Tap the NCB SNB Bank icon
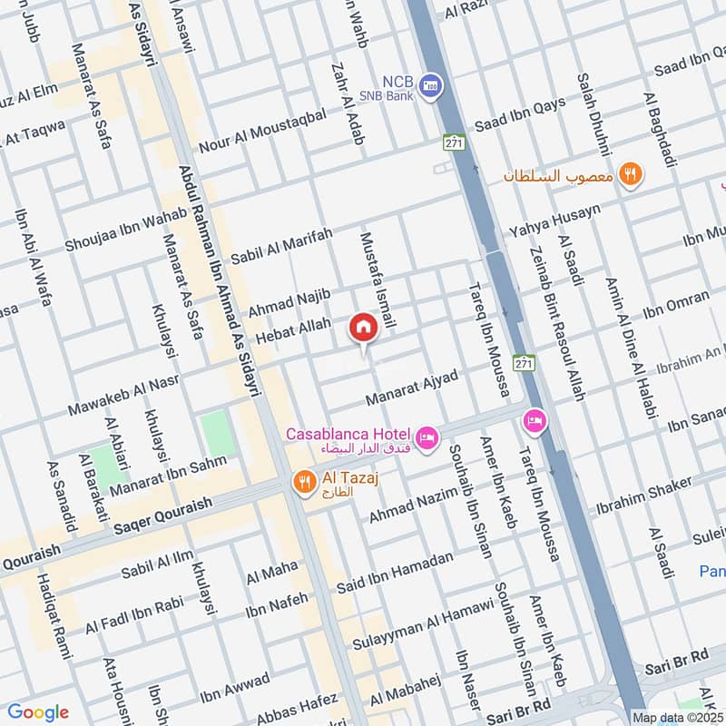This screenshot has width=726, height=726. click(x=433, y=83)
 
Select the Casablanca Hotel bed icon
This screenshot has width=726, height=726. click(x=428, y=438)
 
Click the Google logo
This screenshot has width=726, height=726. click(x=37, y=712)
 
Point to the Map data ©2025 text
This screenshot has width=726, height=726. click(x=678, y=717)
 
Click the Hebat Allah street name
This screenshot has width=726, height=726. click(x=293, y=329)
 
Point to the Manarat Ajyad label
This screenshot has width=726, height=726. click(x=411, y=388)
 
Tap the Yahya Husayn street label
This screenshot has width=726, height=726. click(x=554, y=223)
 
